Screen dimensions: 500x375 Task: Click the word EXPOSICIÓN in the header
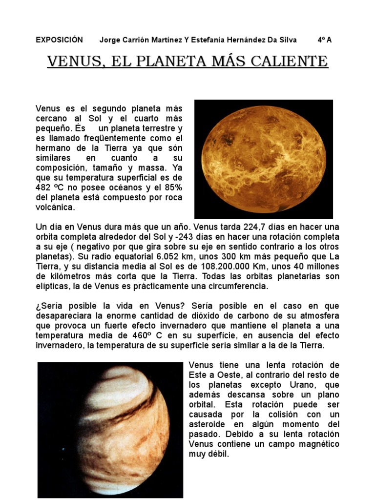point(59,40)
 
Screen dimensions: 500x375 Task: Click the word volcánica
point(56,207)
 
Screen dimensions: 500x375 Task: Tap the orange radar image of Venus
point(264,159)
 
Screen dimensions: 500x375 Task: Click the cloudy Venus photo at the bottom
point(110,429)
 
